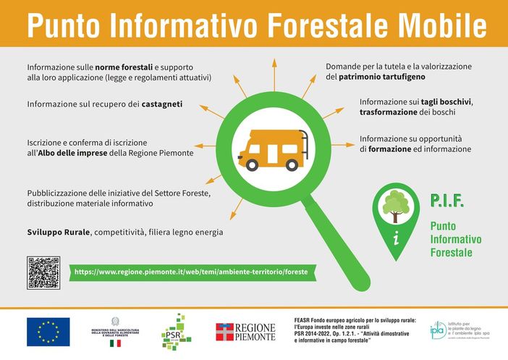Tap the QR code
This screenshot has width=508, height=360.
click(43, 272)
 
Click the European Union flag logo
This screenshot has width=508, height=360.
click(48, 331)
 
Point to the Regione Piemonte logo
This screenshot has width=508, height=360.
click(245, 332)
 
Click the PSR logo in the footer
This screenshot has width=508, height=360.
click(176, 331)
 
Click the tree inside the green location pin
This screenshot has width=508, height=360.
click(396, 205)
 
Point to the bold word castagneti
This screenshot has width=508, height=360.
click(161, 104)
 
